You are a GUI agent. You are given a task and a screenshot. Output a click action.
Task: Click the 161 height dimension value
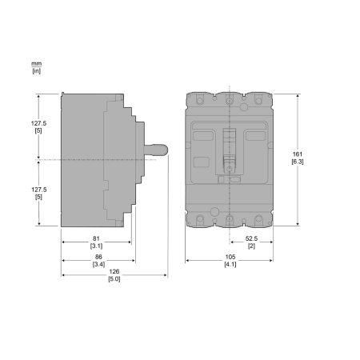[x=298, y=154]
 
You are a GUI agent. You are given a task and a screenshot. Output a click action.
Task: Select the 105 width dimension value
[x=230, y=257]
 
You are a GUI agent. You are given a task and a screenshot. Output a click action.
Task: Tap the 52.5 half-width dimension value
[x=251, y=238]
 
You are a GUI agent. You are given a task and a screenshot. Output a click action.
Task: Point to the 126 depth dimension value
[x=114, y=271]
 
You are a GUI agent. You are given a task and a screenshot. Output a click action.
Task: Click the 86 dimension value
[x=98, y=257]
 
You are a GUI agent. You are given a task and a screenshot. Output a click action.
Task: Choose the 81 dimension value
[x=96, y=238]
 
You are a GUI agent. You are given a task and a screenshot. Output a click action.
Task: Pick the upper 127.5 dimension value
[x=38, y=123]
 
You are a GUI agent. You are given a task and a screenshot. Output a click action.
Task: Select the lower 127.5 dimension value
[x=39, y=190]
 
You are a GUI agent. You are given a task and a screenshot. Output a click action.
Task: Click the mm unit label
[x=37, y=64]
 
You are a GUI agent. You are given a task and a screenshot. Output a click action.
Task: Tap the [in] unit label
[x=37, y=71]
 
